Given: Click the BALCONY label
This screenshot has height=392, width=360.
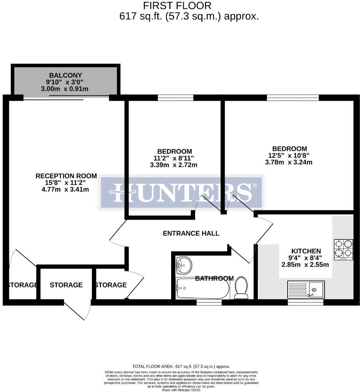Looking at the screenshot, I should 66,75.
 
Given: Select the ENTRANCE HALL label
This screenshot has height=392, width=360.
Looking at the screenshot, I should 191,233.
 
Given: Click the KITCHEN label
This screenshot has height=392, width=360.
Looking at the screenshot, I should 306,251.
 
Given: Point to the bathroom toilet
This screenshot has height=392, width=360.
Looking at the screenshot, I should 242,288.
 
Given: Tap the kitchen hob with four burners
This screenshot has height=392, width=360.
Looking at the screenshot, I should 343,250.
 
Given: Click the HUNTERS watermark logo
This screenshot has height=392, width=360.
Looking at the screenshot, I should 181,192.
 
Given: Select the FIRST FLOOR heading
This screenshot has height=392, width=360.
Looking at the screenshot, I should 177,6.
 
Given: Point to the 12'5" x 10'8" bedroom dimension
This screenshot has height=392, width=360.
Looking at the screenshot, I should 288,155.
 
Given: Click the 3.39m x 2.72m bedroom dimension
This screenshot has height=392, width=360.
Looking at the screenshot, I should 174,165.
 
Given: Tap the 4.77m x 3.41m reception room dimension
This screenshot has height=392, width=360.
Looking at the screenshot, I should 66,190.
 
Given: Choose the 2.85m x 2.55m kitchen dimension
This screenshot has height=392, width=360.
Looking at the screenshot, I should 305,264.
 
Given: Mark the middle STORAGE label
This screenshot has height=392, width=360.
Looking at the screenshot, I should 66,285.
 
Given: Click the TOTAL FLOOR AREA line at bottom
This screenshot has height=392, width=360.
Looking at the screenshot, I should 181,366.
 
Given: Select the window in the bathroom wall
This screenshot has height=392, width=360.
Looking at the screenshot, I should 209,302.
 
